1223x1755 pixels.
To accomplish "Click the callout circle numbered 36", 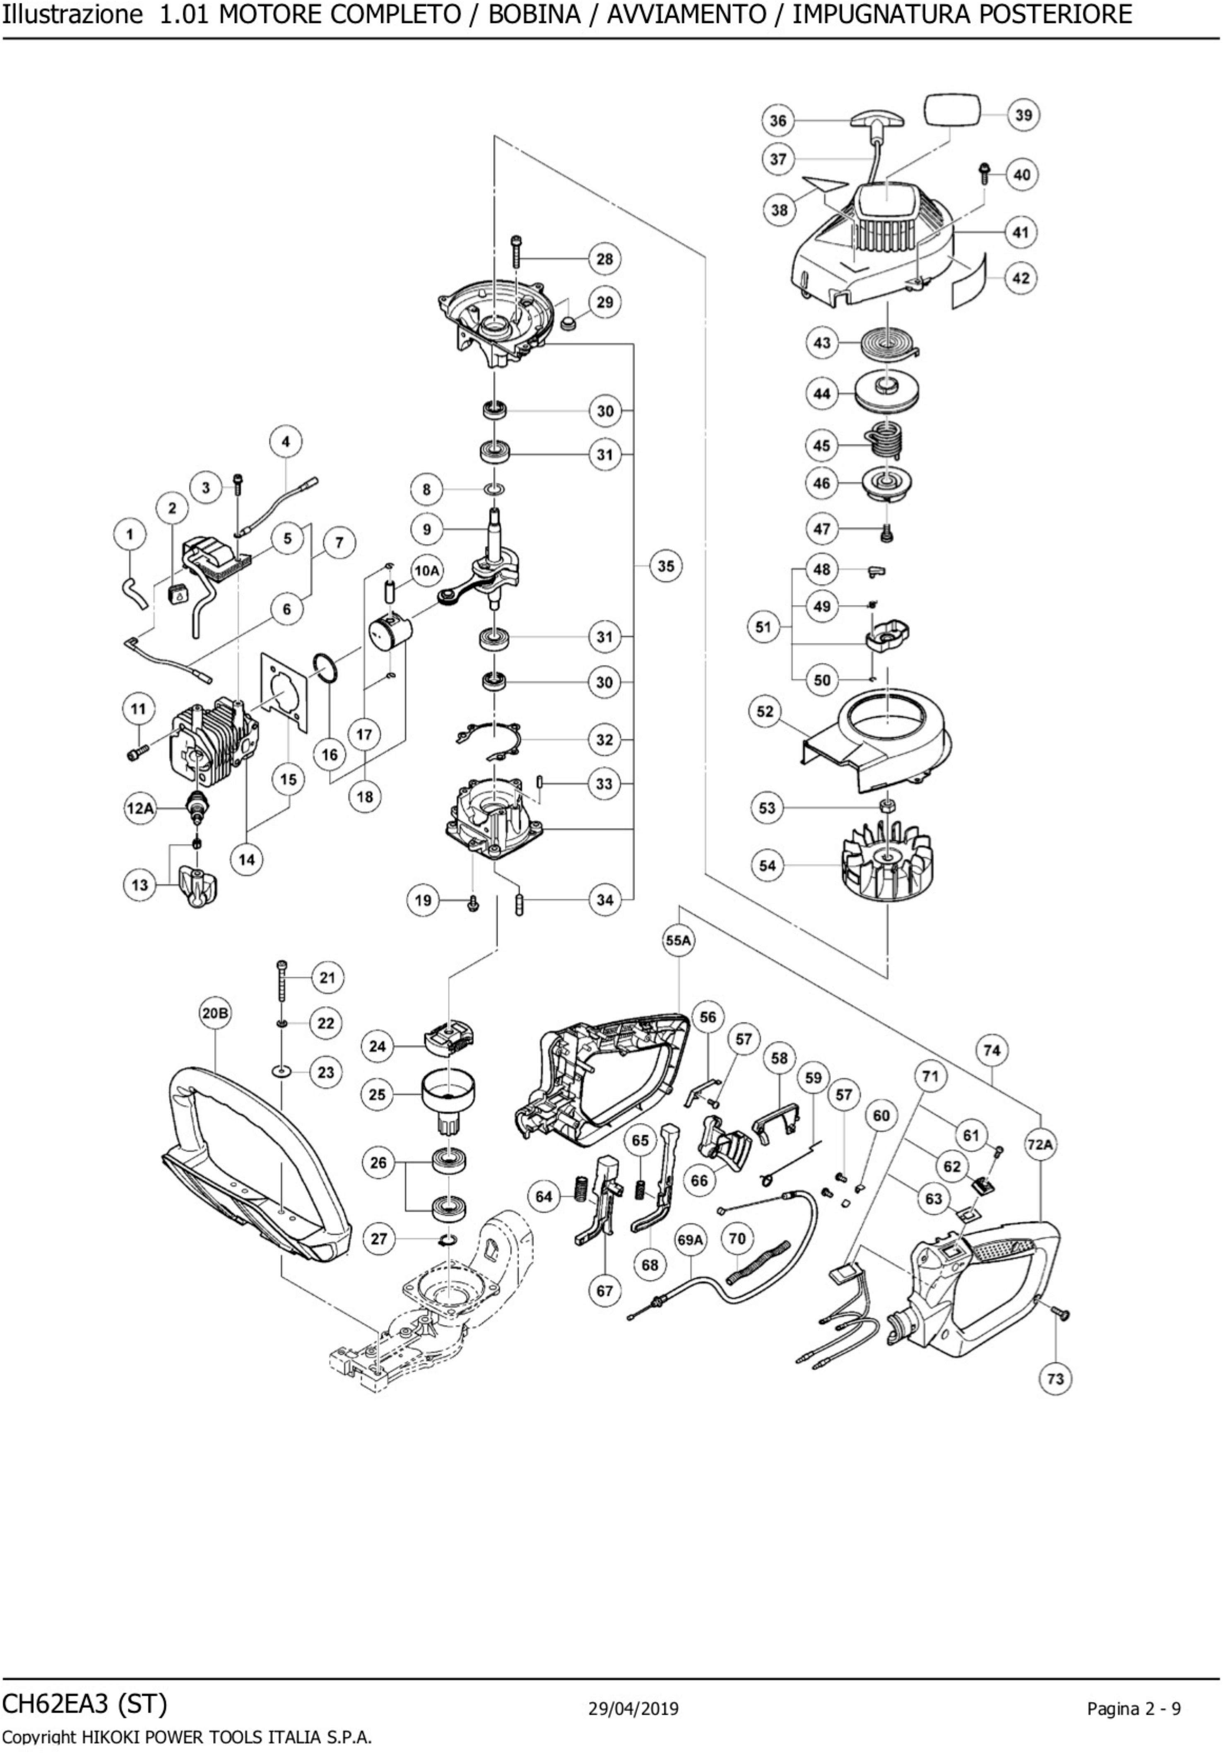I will [778, 121].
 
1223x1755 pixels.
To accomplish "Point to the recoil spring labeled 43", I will [887, 343].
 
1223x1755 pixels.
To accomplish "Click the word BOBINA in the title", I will [534, 14].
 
